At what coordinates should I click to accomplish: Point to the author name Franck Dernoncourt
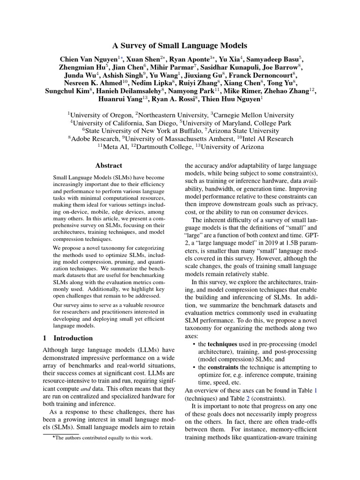[268, 75]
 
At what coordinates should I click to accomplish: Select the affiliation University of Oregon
[101, 115]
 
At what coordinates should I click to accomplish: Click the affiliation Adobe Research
[95, 139]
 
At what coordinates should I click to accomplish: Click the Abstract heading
[109, 165]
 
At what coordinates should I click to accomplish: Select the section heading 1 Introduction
[68, 338]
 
